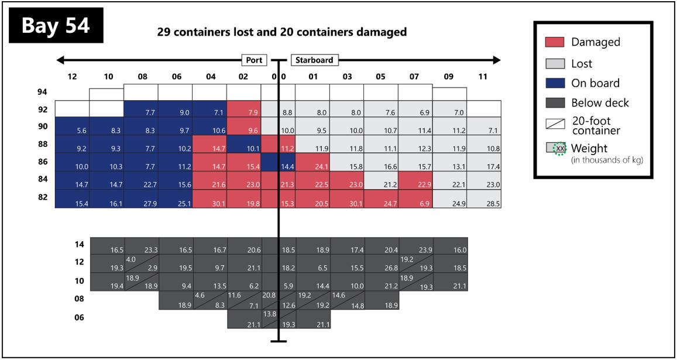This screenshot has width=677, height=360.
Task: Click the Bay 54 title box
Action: [56, 26]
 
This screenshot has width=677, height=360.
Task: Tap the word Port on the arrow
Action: [255, 60]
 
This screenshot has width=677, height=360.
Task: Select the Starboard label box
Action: [314, 60]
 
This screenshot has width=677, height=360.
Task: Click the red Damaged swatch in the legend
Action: [554, 42]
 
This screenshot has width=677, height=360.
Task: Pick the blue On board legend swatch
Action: [554, 83]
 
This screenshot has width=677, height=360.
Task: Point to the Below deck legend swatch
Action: [554, 103]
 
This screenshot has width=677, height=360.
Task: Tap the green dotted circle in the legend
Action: [560, 149]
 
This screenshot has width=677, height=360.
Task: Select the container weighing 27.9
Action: [141, 199]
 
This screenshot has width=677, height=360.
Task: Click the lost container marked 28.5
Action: [484, 199]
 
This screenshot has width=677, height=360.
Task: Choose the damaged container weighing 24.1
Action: [312, 164]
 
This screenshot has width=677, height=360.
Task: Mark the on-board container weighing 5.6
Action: [72, 126]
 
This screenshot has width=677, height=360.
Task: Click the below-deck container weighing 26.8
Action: [382, 264]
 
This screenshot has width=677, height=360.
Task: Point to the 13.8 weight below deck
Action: [269, 314]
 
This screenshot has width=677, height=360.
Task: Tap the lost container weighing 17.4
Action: [484, 164]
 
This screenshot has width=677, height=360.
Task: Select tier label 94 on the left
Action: [43, 92]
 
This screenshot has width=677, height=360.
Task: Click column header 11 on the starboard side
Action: [483, 76]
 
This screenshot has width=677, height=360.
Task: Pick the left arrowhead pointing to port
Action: [60, 60]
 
